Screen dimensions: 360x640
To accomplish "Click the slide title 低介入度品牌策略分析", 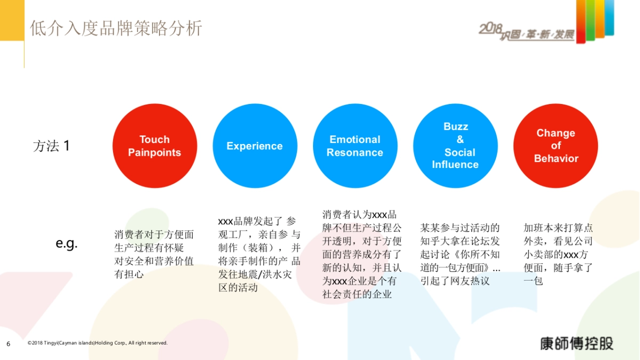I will click(116, 28).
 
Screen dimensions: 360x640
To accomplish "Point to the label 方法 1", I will click(51, 146).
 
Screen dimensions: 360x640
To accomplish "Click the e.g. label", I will click(67, 244).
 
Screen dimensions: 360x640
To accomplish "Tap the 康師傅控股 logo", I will click(577, 343).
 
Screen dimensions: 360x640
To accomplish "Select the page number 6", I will click(9, 343).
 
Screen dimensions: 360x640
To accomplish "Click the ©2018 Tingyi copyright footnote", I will click(98, 343).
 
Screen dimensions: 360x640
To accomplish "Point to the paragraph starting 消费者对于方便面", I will click(154, 254).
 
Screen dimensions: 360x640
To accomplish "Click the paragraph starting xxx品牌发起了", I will click(259, 254).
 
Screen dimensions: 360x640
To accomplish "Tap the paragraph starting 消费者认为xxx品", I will click(362, 254).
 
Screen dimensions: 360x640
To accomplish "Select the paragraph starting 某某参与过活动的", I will click(460, 254).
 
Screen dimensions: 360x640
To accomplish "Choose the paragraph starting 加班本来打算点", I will click(558, 254).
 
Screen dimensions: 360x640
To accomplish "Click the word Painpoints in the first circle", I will click(155, 153).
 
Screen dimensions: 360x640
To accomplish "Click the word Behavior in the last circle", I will click(556, 158).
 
